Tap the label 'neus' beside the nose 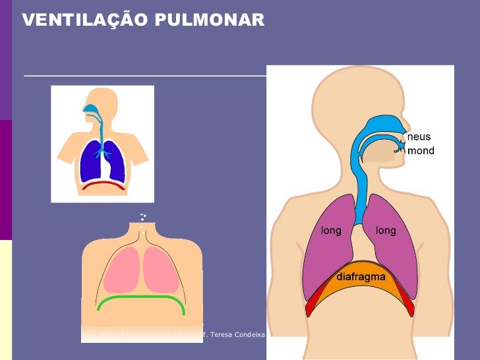(x=419, y=137)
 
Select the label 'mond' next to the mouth (x=421, y=151)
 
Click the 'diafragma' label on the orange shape (x=361, y=277)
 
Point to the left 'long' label (x=331, y=231)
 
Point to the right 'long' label (x=386, y=231)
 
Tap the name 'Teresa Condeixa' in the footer (x=237, y=335)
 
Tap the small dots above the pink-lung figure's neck (x=142, y=217)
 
